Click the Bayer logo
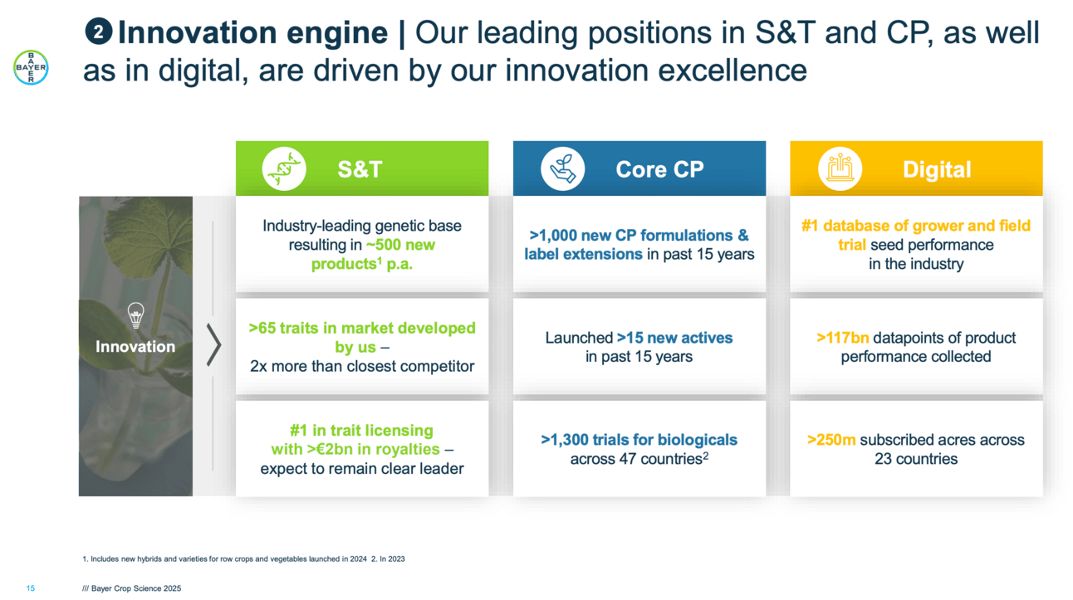point(31,67)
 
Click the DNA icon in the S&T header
point(284,169)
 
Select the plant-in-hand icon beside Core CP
point(562,169)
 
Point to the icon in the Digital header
point(840,169)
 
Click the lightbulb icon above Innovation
point(135,315)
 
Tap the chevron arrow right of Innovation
point(213,345)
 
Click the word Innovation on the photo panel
point(135,347)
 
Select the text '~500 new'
point(400,245)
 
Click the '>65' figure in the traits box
point(264,328)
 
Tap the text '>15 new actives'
point(674,338)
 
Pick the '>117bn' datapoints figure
point(843,338)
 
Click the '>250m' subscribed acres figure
point(831,440)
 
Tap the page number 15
point(31,588)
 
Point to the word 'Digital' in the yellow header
point(938,169)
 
